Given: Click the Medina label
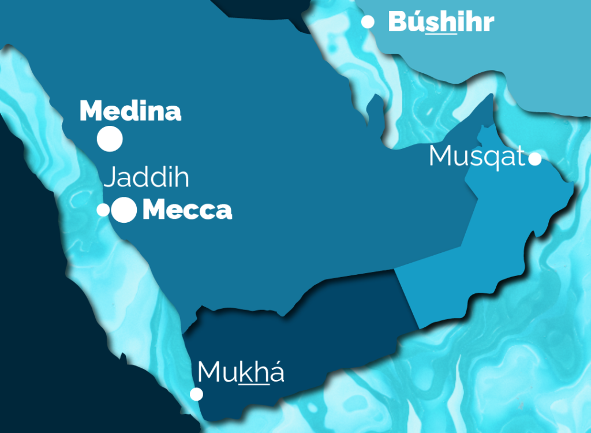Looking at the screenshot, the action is point(130,111).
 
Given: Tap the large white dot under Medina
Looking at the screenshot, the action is point(110,139).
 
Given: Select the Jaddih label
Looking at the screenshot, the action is point(147,178).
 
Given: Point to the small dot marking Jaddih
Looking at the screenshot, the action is point(103,210).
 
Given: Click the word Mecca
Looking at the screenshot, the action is point(187,211).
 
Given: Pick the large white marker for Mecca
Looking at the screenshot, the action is point(124,210).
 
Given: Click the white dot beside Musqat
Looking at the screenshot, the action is point(535,158).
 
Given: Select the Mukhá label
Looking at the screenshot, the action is point(241,372).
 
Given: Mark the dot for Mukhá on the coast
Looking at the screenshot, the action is point(197,394).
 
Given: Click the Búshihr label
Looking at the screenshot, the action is point(441,23).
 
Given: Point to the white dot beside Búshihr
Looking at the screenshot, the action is point(368,23).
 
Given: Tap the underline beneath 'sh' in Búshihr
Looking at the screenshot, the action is point(441,34).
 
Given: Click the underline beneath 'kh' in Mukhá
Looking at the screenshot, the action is point(255,383).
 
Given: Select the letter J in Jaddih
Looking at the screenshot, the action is point(109,178).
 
